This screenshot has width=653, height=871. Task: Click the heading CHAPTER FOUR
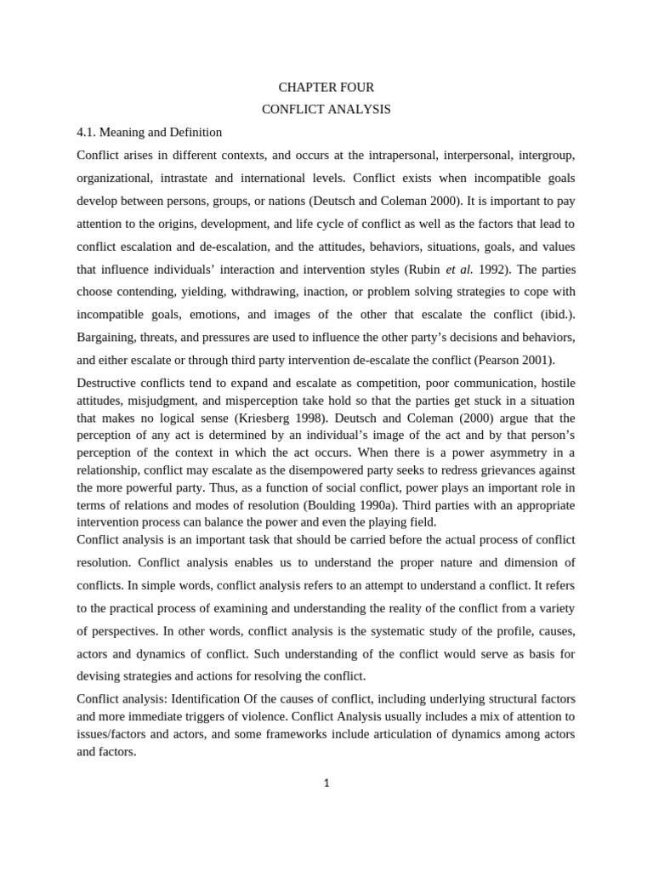(326, 88)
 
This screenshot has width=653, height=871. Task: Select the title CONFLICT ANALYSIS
(326, 110)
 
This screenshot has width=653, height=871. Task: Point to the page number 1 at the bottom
(326, 783)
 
